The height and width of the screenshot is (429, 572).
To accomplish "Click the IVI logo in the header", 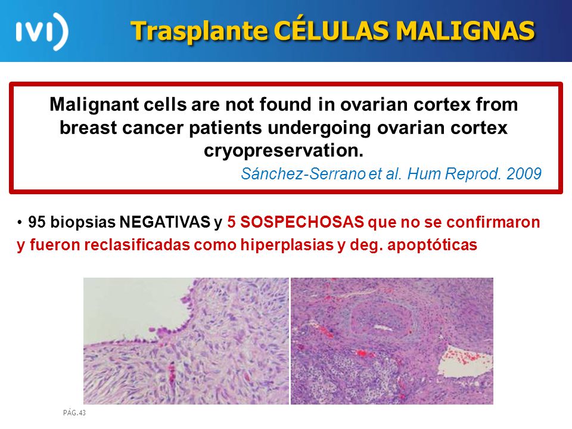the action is (x=42, y=32).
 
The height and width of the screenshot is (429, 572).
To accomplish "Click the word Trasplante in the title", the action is (x=200, y=30).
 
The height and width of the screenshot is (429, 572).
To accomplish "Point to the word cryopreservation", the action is (x=284, y=151).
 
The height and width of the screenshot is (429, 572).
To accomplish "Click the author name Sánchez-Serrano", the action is (x=303, y=173).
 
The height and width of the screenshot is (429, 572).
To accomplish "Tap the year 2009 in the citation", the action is (x=524, y=173).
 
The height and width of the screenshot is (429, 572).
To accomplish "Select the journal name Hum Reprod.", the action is (x=454, y=174).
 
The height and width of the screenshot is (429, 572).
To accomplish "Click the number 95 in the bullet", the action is (x=36, y=222).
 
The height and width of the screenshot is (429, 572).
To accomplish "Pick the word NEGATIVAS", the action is (x=165, y=222).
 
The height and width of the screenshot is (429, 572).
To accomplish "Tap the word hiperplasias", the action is (x=287, y=245).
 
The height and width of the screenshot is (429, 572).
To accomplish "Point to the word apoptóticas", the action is (x=433, y=245).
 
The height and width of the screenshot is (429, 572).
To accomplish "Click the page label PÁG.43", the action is (x=74, y=412).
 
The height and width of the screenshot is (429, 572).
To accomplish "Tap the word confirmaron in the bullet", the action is (x=493, y=222).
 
